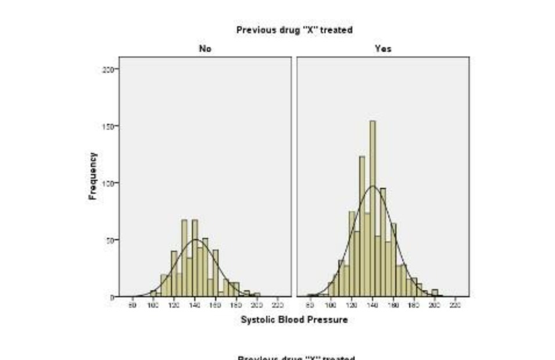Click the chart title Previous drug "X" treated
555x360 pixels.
(294, 30)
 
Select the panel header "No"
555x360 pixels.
(205, 49)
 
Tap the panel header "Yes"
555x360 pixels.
(383, 49)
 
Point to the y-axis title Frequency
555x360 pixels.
(92, 176)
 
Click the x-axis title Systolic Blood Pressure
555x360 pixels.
(294, 320)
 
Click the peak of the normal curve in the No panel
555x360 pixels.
(196, 240)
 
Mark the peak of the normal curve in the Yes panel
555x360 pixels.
(373, 186)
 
